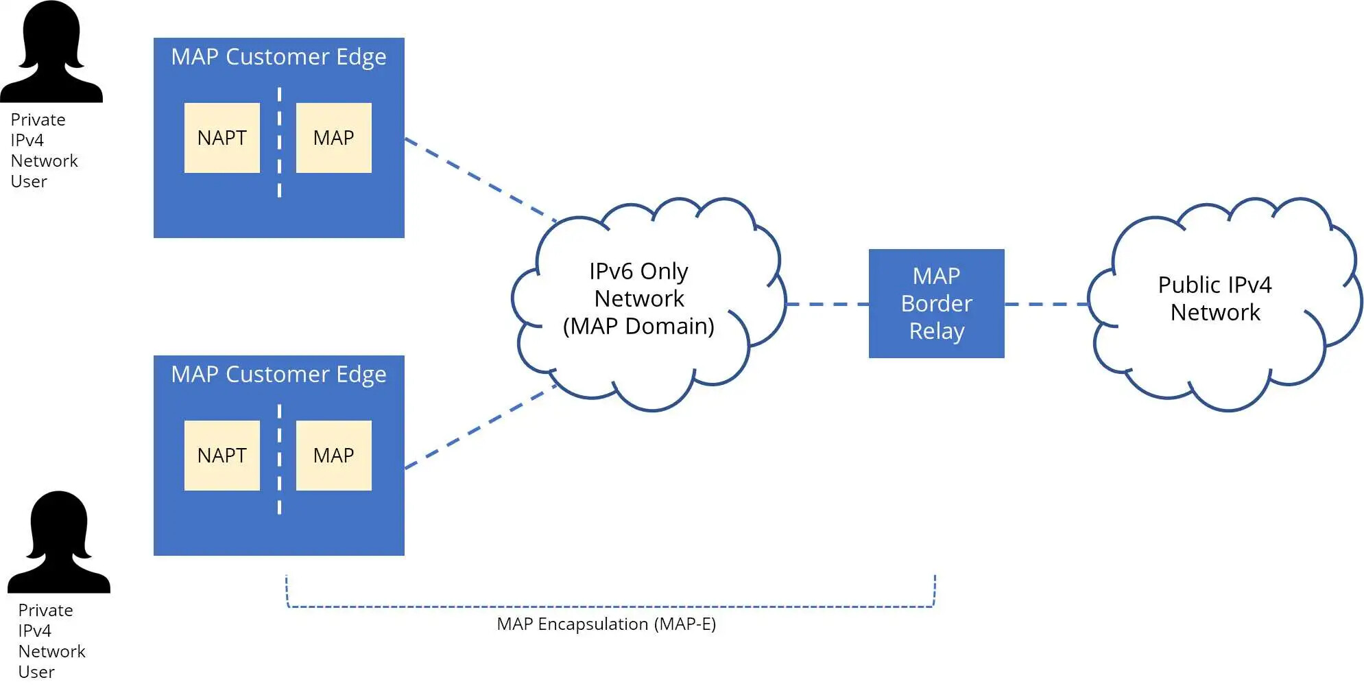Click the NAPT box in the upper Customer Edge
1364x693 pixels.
point(222,138)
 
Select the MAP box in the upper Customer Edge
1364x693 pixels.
point(333,138)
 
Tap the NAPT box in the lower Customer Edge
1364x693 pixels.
point(222,456)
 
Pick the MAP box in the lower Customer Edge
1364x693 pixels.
point(333,456)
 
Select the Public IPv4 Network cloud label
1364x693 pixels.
point(1215,298)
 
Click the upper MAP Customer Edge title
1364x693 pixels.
point(278,57)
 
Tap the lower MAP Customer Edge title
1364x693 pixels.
point(278,375)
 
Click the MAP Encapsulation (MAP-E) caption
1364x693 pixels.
point(606,624)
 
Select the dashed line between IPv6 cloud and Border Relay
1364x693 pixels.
point(826,304)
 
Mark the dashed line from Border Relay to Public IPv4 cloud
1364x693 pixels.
point(1046,304)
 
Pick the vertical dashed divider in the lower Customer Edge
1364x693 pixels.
point(279,459)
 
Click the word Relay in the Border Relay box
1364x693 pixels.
point(937,331)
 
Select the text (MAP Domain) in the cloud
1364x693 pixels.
point(638,327)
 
